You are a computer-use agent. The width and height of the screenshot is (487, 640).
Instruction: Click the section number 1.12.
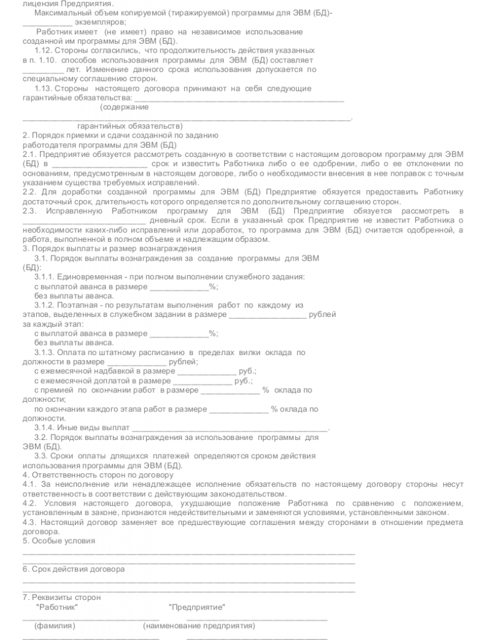[46, 50]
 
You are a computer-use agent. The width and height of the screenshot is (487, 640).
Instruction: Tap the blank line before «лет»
[42, 69]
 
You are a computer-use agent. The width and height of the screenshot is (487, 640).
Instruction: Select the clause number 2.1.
[31, 154]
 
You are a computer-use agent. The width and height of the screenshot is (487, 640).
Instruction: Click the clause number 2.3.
[31, 211]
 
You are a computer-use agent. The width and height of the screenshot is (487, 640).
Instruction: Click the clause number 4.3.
[31, 522]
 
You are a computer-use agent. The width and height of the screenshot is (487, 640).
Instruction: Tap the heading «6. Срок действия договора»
[74, 569]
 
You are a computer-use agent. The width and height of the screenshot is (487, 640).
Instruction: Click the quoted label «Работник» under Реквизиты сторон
[57, 607]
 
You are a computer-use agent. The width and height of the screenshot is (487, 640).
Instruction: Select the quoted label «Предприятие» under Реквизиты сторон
[197, 607]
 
